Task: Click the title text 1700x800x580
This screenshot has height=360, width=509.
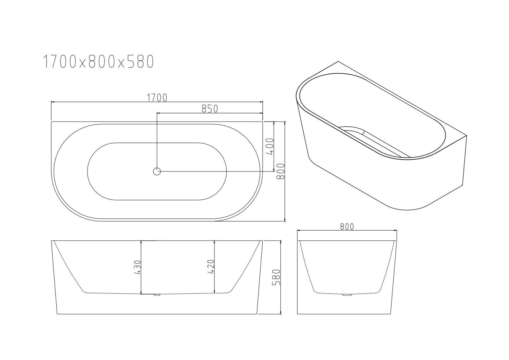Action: [x=98, y=62]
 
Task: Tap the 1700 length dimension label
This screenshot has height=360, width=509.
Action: [x=157, y=97]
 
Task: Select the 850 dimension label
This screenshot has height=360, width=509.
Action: [x=209, y=109]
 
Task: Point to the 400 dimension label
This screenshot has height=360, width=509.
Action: [x=270, y=146]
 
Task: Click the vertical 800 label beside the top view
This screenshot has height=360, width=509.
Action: [x=281, y=172]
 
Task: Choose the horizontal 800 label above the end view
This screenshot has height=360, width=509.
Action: [x=346, y=226]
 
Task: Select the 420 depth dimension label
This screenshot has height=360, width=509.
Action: [x=211, y=267]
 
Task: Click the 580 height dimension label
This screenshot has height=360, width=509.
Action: [x=277, y=277]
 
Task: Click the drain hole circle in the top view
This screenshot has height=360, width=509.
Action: [x=157, y=172]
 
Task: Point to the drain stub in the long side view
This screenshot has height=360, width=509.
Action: [x=156, y=294]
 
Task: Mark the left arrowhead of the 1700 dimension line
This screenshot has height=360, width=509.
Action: [x=52, y=102]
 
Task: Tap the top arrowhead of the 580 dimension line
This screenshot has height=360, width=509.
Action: [x=281, y=242]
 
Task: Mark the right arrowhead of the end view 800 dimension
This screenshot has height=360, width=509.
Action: [x=395, y=231]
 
